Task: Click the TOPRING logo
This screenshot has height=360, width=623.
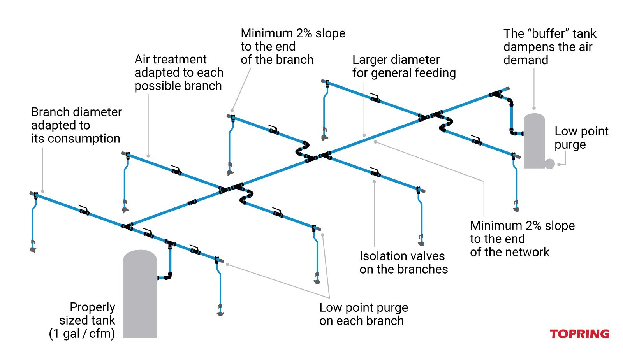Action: point(579,334)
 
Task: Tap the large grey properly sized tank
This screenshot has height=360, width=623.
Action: point(140,296)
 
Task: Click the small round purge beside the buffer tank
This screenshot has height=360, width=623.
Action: point(549,164)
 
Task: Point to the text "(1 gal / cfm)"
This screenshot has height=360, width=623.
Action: point(82,334)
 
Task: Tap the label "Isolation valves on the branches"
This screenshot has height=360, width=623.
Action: point(403,263)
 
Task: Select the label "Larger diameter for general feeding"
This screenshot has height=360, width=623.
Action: point(404,67)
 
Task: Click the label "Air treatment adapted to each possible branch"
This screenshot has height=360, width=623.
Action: point(179,73)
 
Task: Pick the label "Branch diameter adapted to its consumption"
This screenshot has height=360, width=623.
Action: point(76,125)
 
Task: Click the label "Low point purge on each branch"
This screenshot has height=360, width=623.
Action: point(363,314)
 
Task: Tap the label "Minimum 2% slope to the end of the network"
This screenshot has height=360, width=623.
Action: point(522,239)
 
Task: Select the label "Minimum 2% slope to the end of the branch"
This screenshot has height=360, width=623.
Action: point(292,46)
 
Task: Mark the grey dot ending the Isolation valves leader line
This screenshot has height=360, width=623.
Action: point(374,182)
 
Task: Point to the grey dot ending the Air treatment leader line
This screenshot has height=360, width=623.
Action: point(148,156)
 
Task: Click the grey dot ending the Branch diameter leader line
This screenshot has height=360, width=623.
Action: point(43,191)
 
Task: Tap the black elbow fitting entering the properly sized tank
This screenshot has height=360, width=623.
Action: point(168,277)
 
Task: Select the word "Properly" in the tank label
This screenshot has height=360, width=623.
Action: point(92,307)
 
